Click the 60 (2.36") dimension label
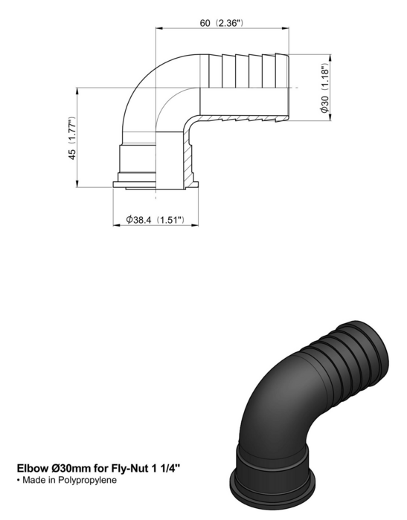pos(222,23)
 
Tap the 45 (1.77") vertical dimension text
pos(72,138)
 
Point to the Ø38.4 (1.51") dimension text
pos(155,220)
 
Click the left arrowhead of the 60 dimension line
pos(158,28)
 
